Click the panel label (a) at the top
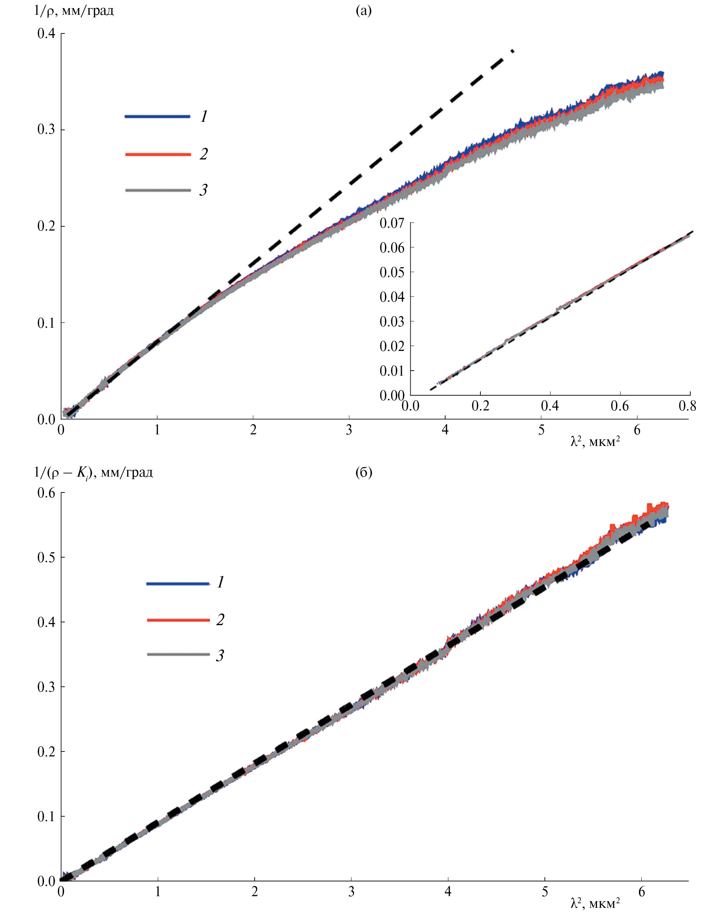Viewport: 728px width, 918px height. pyautogui.click(x=363, y=11)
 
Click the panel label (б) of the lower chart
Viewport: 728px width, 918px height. pyautogui.click(x=363, y=472)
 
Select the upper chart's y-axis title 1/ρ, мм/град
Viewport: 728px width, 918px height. pyautogui.click(x=74, y=11)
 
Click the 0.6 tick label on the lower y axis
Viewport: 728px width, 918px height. pyautogui.click(x=46, y=493)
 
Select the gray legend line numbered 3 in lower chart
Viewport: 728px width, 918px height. pyautogui.click(x=178, y=654)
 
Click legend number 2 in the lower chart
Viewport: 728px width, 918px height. pyautogui.click(x=220, y=620)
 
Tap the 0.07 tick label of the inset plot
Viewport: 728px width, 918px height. pyautogui.click(x=392, y=223)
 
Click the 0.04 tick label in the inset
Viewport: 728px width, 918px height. pyautogui.click(x=392, y=297)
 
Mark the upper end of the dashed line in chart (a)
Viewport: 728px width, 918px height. pyautogui.click(x=513, y=51)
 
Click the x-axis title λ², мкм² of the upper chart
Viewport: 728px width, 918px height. pyautogui.click(x=595, y=442)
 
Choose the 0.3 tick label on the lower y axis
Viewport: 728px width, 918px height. pyautogui.click(x=46, y=687)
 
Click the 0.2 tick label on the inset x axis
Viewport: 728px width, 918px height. pyautogui.click(x=480, y=406)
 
